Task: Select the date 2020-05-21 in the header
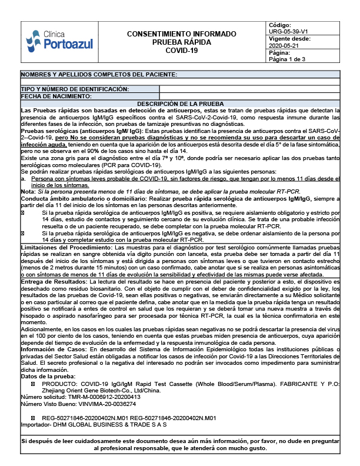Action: click(x=284, y=45)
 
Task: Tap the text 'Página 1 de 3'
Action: click(x=288, y=59)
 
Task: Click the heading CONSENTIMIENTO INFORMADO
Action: click(x=182, y=34)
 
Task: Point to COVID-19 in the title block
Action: click(x=182, y=51)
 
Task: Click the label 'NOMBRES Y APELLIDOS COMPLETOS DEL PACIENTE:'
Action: click(x=99, y=75)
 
